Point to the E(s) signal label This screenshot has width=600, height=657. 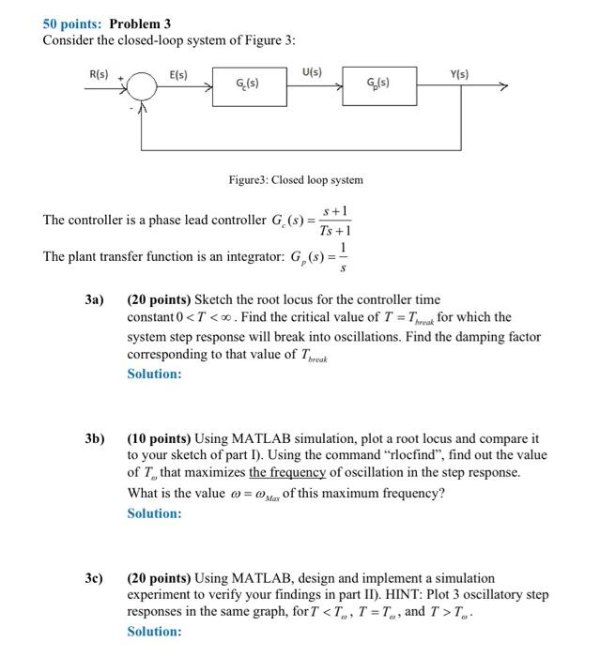point(178,74)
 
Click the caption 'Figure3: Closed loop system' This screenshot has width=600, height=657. point(296,179)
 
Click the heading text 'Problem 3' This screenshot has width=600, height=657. point(141,23)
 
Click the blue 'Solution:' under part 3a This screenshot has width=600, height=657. point(155,374)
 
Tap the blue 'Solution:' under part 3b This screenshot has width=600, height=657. point(155,512)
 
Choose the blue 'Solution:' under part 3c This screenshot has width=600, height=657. point(155,632)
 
